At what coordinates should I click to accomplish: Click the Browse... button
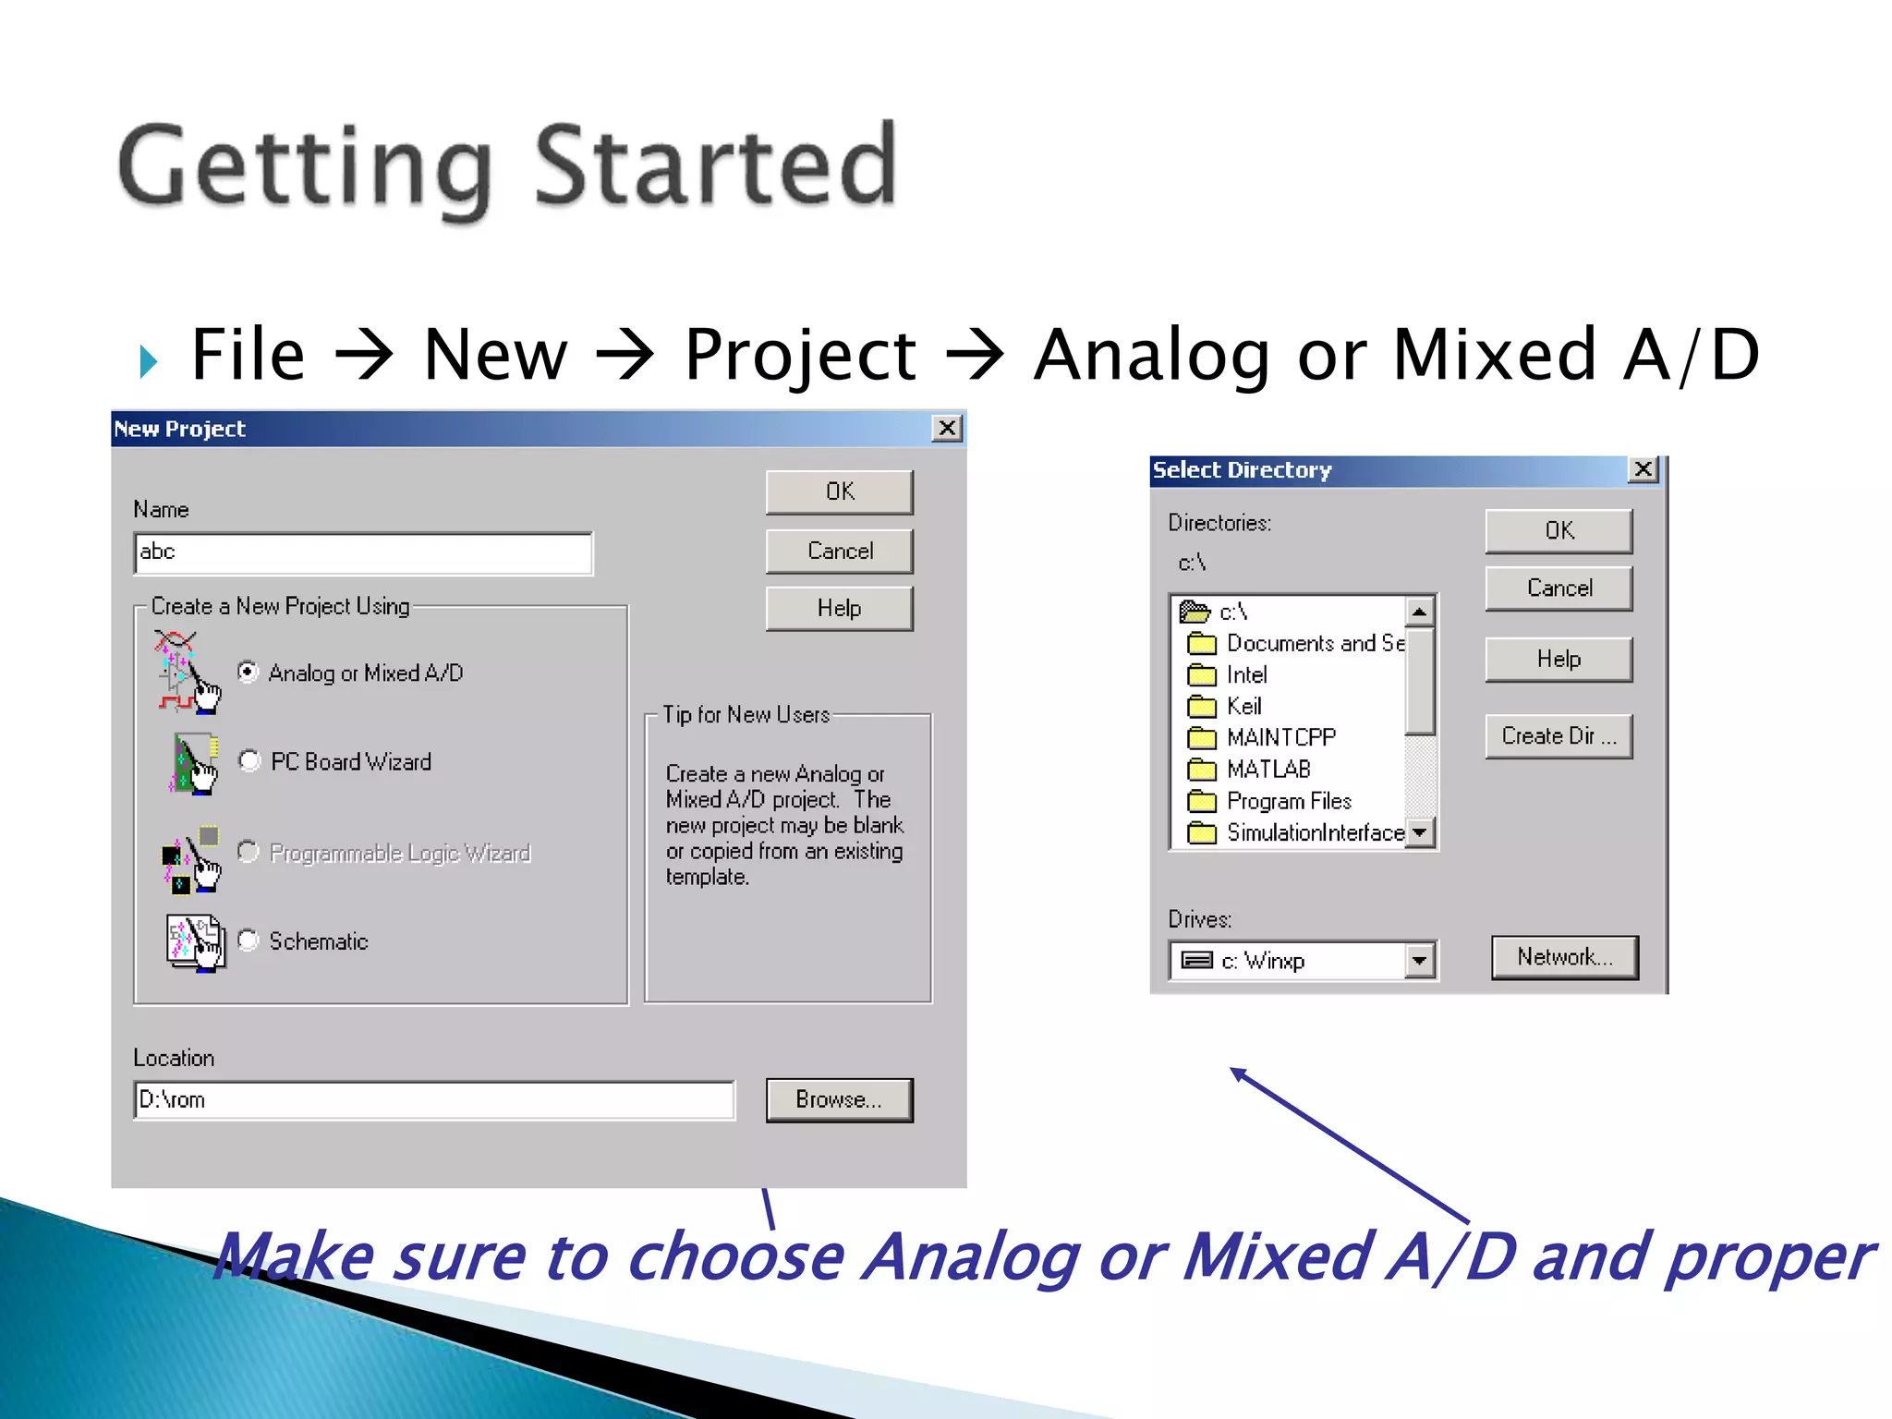pyautogui.click(x=839, y=1099)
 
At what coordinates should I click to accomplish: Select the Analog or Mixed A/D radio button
pyautogui.click(x=248, y=672)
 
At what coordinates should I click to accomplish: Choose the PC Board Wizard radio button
pyautogui.click(x=249, y=760)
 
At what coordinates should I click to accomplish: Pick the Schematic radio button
pyautogui.click(x=248, y=940)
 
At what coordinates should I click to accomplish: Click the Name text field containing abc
pyautogui.click(x=363, y=552)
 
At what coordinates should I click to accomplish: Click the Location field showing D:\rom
pyautogui.click(x=434, y=1099)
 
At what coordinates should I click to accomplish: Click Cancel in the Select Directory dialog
pyautogui.click(x=1558, y=588)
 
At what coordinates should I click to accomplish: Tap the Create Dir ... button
pyautogui.click(x=1558, y=736)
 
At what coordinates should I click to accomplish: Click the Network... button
pyautogui.click(x=1564, y=957)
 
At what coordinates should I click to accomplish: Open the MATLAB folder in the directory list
pyautogui.click(x=1267, y=770)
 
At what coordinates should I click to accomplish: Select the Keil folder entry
pyautogui.click(x=1243, y=707)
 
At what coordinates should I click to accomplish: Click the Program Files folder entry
pyautogui.click(x=1288, y=801)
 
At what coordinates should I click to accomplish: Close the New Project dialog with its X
pyautogui.click(x=947, y=428)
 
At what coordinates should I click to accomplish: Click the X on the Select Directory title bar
pyautogui.click(x=1643, y=469)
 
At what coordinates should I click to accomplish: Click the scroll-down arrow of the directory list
pyautogui.click(x=1420, y=832)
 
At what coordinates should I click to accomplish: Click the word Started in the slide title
pyautogui.click(x=716, y=166)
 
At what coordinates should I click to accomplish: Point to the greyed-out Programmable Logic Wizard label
pyautogui.click(x=400, y=853)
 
